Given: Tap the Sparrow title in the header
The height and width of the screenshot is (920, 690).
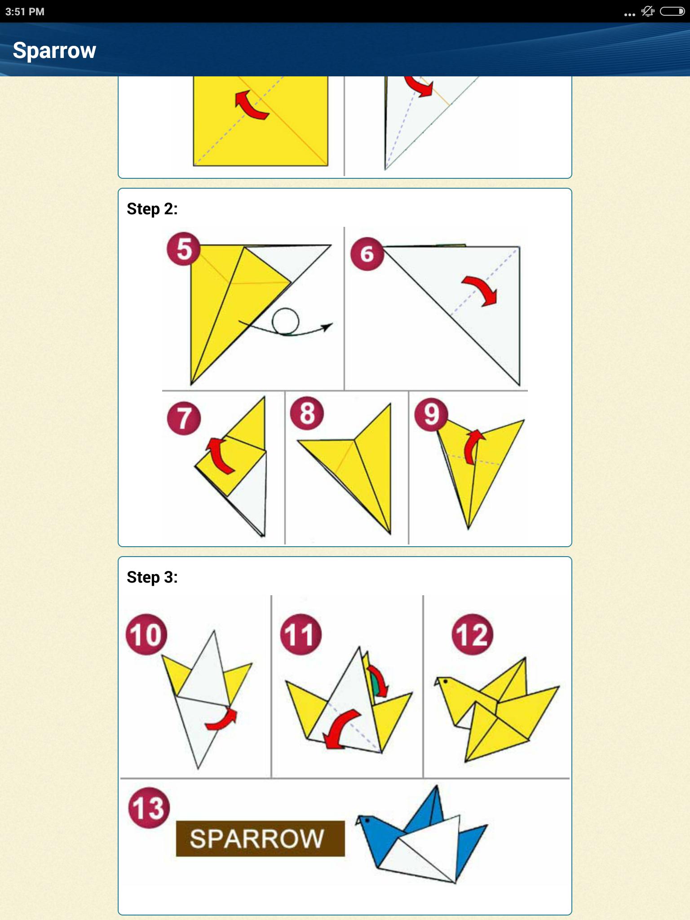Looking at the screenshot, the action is click(54, 50).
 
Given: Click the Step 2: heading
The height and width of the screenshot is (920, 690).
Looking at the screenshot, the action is click(152, 209).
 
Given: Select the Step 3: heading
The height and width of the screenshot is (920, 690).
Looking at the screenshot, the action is click(152, 577).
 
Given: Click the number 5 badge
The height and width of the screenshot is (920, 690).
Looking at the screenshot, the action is click(184, 249).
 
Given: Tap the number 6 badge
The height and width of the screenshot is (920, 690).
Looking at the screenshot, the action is click(367, 254).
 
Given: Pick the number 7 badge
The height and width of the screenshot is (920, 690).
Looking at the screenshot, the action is click(184, 419).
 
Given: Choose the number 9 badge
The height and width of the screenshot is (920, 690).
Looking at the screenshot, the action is click(431, 414).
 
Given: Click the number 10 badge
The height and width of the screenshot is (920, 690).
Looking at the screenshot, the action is click(146, 634).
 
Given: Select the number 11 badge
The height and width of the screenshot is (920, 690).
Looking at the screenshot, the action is click(301, 634).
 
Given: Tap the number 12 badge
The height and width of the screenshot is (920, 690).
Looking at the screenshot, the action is click(472, 634).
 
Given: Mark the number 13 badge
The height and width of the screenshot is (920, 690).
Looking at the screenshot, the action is click(149, 808).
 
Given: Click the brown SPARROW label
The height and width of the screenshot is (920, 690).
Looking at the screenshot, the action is click(261, 838).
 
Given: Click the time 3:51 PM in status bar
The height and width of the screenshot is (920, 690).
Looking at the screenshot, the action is click(25, 12).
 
